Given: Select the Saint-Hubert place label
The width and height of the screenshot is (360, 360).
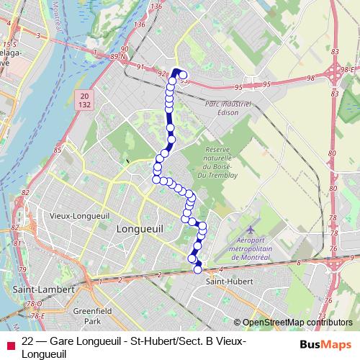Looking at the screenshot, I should click(x=226, y=281).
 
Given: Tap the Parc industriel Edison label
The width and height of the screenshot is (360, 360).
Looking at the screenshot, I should click(x=228, y=107).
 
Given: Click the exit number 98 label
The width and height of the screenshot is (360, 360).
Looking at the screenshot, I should click(x=312, y=78).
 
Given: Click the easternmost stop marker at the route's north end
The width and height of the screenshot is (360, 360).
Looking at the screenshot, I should click(x=183, y=76).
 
